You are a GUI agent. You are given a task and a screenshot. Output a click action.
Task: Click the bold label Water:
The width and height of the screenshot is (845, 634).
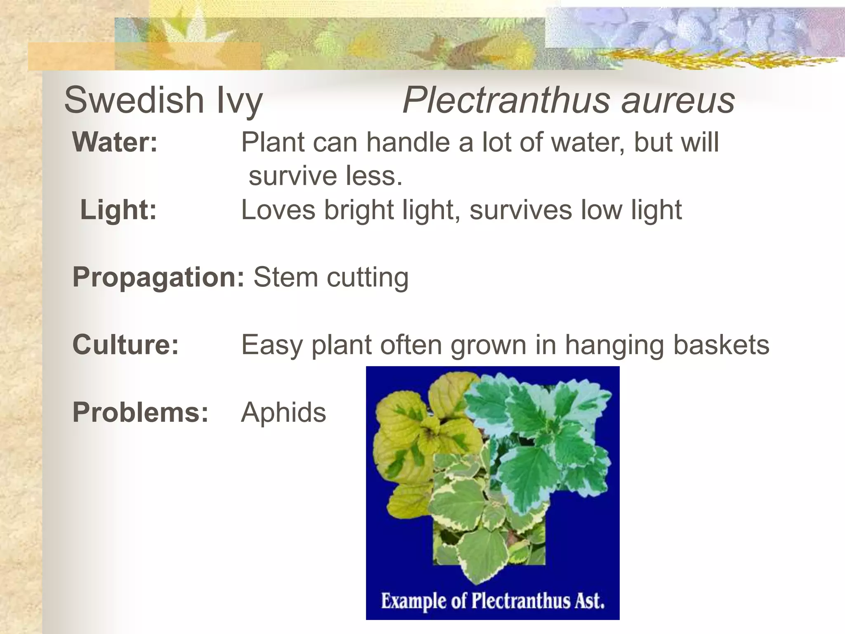115,142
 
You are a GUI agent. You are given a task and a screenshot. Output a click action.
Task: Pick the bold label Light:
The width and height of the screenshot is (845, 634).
118,210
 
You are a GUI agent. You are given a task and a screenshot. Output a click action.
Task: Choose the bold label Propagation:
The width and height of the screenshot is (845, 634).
158,277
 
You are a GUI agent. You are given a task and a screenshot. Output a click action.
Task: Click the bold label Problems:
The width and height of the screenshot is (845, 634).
141,412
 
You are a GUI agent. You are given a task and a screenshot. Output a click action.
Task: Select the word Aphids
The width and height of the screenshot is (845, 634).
283,412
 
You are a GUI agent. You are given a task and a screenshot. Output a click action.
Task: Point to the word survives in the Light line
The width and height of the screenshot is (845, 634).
521,210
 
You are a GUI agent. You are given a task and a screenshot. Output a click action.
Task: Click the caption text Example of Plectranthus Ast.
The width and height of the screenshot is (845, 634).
493,601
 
